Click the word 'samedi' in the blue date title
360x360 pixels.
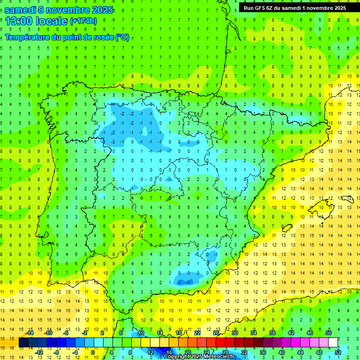20,9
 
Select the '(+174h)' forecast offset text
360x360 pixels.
83,21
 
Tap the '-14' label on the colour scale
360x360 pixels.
30,333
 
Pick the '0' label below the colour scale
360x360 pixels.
93,352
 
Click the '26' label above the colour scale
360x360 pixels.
216,333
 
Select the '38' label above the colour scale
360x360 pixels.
272,333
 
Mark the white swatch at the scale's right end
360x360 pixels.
332,343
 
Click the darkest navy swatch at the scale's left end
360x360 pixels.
23,343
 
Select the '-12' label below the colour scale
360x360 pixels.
39,352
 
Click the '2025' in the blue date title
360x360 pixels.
99,9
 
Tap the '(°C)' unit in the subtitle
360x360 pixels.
122,37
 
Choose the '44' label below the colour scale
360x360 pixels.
300,352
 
